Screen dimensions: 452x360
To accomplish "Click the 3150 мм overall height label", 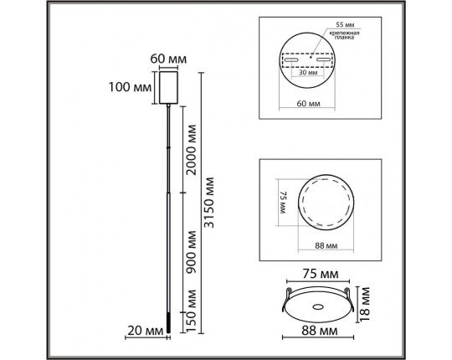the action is (209, 203).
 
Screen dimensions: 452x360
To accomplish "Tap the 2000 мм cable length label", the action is (191, 150).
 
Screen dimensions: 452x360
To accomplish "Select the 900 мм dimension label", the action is (191, 252).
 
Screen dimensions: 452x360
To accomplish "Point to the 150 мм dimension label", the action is (191, 311).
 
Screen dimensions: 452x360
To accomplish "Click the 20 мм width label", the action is (146, 331).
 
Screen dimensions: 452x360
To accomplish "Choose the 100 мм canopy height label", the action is (130, 87).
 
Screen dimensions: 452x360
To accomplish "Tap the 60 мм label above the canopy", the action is (168, 59).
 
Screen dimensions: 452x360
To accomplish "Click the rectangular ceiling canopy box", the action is (168, 88).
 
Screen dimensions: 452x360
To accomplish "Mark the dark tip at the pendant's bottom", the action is (168, 324).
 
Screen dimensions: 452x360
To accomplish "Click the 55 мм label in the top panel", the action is (345, 25).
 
